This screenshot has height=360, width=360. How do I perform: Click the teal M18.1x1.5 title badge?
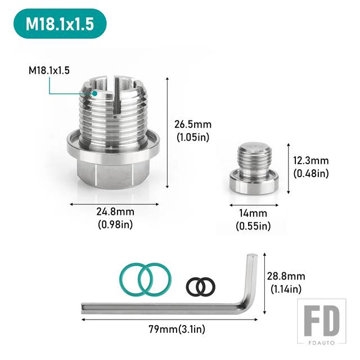(x=60, y=24)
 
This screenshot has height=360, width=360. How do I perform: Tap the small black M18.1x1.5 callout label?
(x=49, y=70)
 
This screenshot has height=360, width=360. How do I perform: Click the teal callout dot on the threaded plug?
(x=94, y=93)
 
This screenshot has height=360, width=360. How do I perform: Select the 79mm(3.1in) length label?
(x=177, y=329)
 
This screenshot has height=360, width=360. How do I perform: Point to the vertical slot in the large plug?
(x=117, y=96)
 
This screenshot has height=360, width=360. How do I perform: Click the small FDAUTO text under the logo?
(x=321, y=343)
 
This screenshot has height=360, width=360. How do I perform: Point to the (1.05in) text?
(x=193, y=137)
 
